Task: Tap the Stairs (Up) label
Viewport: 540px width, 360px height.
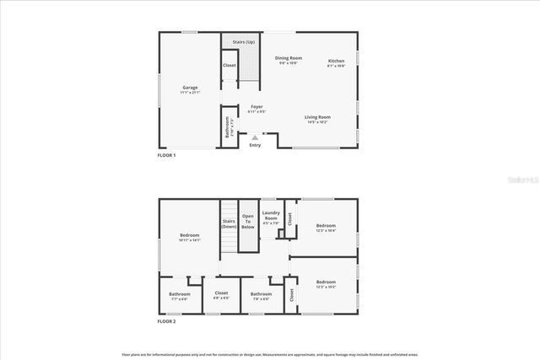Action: point(243,41)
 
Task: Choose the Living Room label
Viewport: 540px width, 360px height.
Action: point(317,119)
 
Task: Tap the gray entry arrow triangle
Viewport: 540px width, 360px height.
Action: point(255,136)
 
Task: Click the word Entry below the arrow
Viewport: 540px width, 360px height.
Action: point(255,145)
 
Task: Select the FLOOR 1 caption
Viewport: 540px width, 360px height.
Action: point(167,156)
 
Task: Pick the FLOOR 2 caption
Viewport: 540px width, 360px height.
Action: point(167,322)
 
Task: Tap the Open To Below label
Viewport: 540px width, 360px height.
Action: point(248,222)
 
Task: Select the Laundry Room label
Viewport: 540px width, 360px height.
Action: point(271,218)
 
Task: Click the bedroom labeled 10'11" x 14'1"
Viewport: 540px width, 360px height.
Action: point(189,237)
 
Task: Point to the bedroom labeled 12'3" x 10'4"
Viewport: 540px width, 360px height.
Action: point(326,227)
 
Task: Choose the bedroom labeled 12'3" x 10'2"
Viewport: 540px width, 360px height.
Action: point(326,283)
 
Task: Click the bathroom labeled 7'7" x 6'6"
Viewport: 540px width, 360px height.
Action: point(179,296)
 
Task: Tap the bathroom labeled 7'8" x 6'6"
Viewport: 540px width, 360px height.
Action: point(260,296)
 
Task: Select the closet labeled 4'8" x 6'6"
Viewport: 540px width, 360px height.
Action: point(221,296)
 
